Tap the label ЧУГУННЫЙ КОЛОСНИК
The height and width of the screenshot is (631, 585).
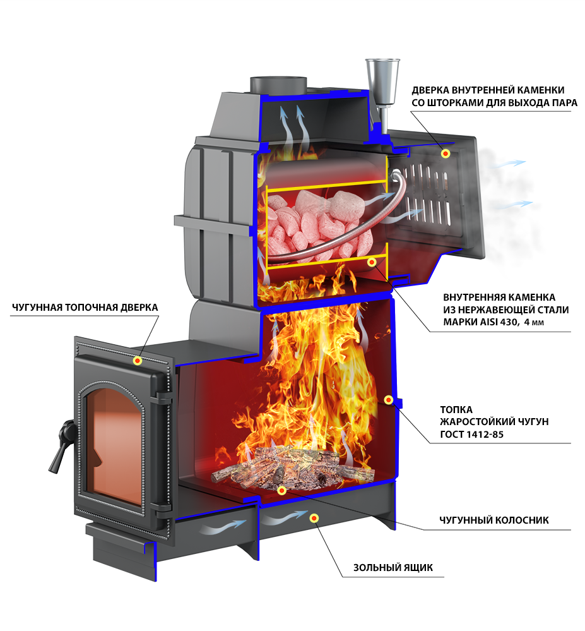493,520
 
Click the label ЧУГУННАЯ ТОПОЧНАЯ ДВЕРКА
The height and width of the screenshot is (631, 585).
85,307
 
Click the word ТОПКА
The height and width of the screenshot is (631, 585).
457,409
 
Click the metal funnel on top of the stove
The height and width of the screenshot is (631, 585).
382,78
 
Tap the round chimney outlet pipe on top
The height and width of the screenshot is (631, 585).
278,83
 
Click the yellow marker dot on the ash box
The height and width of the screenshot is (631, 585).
314,518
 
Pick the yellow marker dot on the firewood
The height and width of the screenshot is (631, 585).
281,490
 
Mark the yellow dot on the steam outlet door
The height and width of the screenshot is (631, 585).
446,153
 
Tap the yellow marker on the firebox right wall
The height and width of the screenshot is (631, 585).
389,400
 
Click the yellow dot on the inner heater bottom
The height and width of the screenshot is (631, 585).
372,261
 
